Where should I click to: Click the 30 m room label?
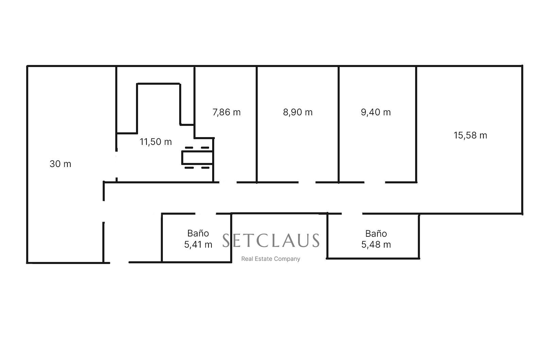(x=61, y=164)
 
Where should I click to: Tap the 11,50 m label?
(x=156, y=142)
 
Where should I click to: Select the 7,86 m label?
(x=226, y=112)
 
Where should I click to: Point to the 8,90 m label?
(x=298, y=112)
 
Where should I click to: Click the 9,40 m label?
(x=376, y=112)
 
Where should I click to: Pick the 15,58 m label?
(x=471, y=135)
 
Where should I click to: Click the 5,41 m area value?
(x=198, y=244)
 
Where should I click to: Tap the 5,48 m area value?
(x=376, y=244)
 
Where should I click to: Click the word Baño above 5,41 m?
(x=198, y=233)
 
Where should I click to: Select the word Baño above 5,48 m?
(x=376, y=233)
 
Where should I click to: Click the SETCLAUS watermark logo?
(x=271, y=241)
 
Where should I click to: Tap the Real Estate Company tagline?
(x=271, y=259)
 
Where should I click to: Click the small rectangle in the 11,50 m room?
(x=197, y=158)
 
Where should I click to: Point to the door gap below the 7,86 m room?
(x=228, y=182)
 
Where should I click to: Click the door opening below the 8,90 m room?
(x=307, y=182)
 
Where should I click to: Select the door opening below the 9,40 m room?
(x=375, y=182)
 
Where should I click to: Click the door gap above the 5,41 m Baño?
(x=205, y=214)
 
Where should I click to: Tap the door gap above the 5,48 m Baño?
(x=352, y=214)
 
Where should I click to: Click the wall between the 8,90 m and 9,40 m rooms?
(x=339, y=124)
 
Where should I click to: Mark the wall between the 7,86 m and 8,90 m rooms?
(x=256, y=124)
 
